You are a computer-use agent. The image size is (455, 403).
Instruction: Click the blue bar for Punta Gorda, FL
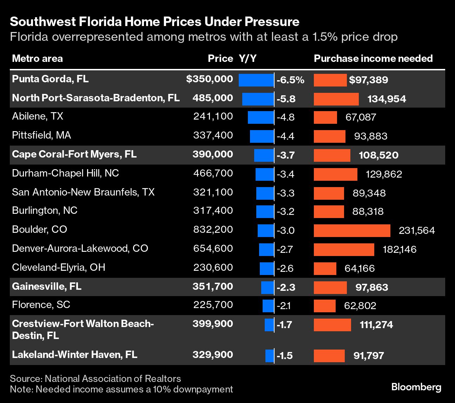coord(256,80)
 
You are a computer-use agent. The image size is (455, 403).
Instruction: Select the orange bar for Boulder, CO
coord(352,231)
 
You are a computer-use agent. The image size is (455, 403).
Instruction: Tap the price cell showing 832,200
coord(213,230)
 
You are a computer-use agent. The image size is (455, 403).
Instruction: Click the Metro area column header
coord(37,58)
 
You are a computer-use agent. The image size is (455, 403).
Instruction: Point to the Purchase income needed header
coord(373,58)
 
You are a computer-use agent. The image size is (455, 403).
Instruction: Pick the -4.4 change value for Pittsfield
coord(285,136)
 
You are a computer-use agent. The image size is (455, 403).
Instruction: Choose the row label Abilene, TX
coord(38,116)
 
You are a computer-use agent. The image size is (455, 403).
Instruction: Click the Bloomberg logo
coord(416,387)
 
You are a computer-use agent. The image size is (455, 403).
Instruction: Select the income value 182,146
coord(400,250)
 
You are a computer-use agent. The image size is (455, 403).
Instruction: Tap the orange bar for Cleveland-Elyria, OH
coord(325,269)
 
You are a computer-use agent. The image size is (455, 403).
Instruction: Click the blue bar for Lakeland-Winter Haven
coord(269,356)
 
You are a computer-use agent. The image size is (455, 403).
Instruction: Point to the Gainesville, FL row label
coord(47,287)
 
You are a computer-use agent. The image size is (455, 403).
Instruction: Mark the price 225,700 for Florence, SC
coord(213,305)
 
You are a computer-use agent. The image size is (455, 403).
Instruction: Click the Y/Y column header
coord(248,58)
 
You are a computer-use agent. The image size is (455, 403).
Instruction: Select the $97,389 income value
coord(368,80)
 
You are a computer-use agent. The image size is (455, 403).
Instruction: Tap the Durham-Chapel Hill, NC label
coord(65,173)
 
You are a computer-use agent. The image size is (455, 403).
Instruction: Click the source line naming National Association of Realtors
coord(95,379)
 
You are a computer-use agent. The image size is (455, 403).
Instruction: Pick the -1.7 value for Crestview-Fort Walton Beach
coord(284,325)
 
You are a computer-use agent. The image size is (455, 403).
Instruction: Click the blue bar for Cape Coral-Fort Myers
coord(264,155)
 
